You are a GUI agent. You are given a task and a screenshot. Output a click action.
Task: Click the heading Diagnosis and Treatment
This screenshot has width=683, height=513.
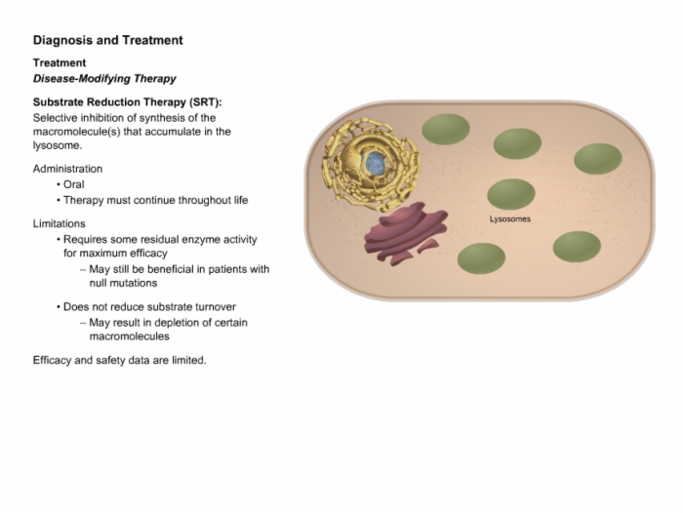point(108,40)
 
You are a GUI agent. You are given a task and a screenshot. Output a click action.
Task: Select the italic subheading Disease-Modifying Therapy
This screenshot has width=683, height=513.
point(104,79)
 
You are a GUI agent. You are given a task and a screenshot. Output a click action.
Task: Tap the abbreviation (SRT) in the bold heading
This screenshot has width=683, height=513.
point(206,102)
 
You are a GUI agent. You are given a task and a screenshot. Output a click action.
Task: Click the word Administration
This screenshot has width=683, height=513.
point(67,169)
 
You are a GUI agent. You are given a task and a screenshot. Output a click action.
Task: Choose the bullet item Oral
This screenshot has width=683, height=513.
point(73,184)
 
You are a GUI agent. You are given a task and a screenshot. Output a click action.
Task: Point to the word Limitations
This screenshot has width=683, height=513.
point(60,224)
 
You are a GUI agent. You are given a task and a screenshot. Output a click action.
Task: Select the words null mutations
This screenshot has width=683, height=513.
point(123,283)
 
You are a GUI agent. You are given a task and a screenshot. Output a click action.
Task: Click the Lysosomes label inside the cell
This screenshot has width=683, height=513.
point(510,219)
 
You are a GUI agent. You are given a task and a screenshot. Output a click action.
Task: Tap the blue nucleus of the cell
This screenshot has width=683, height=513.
point(375,163)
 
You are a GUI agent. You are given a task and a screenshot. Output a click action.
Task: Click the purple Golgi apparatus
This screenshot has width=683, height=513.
point(406,233)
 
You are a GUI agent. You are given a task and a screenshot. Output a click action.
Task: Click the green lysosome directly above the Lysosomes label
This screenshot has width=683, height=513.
point(511,194)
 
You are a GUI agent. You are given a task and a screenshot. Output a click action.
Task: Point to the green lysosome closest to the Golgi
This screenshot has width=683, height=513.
point(481,258)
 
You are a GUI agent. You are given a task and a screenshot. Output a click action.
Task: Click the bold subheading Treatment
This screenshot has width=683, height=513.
point(60,63)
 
